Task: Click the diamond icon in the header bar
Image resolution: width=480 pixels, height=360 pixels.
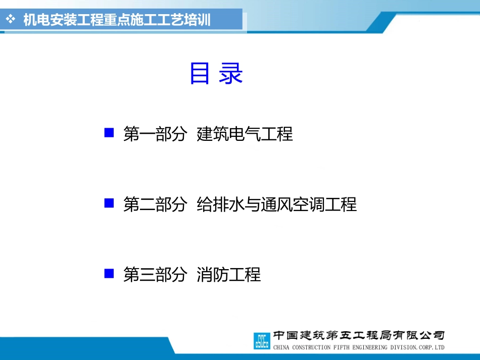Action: point(11,19)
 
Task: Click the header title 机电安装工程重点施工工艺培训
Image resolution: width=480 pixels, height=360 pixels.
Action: point(117,20)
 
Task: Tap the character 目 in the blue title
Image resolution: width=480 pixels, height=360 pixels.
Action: point(200,73)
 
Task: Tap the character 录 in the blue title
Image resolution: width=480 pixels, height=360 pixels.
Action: point(231,73)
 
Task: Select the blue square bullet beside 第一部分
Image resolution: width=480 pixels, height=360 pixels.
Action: point(109,133)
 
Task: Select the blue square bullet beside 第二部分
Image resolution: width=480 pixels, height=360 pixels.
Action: point(109,203)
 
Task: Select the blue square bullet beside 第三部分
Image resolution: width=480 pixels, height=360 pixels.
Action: point(109,274)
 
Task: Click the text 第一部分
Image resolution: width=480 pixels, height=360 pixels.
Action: point(155,134)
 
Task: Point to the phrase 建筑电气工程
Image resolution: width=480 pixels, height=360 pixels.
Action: point(245,134)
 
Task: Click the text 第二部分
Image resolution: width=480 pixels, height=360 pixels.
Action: point(155,204)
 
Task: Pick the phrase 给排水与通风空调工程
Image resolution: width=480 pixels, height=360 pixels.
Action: point(277,204)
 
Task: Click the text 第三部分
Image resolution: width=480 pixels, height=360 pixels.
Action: point(155,274)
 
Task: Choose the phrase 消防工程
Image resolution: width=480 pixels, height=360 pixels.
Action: point(229,274)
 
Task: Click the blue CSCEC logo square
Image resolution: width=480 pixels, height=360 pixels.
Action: point(262,341)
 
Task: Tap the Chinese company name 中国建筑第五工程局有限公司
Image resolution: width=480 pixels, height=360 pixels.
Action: point(359,335)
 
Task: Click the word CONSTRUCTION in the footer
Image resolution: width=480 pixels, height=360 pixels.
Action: point(311,347)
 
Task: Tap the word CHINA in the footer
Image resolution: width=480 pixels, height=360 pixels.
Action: point(281,347)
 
